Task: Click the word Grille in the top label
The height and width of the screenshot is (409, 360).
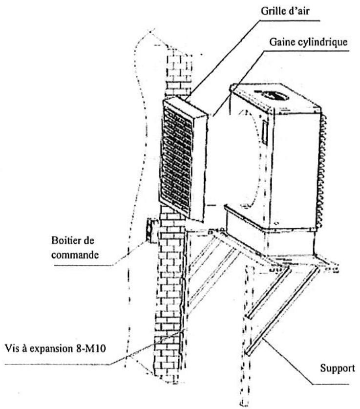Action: pos(274,11)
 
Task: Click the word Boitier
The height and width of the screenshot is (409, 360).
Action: pos(67,240)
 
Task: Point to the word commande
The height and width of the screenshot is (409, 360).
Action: pos(75,255)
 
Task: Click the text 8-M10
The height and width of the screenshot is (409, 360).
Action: pos(91,349)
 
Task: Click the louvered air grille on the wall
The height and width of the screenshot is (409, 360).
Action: pos(184,159)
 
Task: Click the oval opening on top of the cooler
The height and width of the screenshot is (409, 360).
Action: pos(275,95)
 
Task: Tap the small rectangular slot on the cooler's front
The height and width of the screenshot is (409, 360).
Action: pos(264,133)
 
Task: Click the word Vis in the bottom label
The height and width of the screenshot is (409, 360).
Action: pos(12,349)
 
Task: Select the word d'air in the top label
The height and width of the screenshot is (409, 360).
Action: pos(299,11)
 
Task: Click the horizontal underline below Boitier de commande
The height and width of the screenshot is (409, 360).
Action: pos(84,265)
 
